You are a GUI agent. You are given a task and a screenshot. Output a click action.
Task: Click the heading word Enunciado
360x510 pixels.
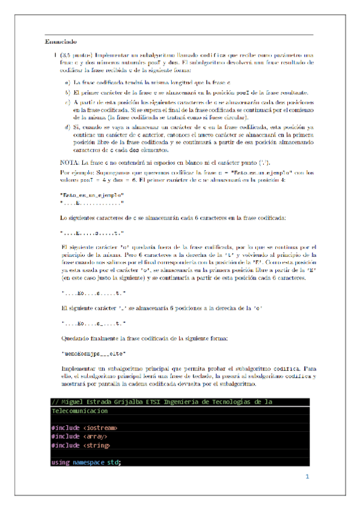coord(61,42)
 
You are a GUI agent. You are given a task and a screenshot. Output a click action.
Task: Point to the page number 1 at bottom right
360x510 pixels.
coord(307,477)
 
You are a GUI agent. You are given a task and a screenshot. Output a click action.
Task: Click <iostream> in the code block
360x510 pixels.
coord(99,428)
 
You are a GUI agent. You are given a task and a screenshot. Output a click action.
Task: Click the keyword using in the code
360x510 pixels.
coord(61,462)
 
